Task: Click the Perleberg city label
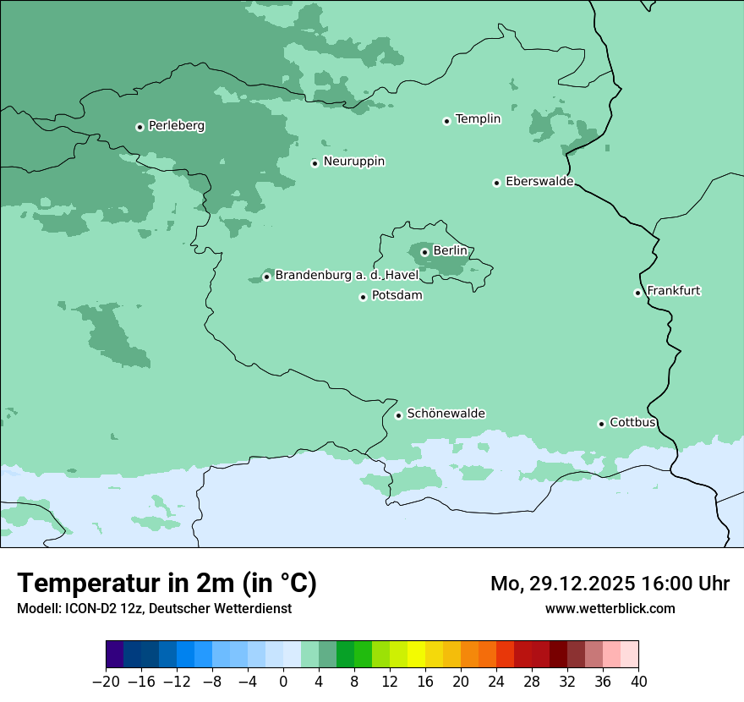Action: tap(176, 126)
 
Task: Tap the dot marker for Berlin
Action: tap(424, 252)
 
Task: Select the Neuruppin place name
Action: tap(353, 162)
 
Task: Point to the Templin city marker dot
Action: tap(446, 121)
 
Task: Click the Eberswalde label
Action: tap(539, 182)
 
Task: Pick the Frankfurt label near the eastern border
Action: tap(673, 291)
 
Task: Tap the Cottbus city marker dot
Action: tap(601, 424)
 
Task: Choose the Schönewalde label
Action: tap(446, 414)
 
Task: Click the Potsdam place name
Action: tap(397, 296)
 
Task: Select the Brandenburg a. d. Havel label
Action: tap(347, 276)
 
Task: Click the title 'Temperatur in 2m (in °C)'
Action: tap(167, 583)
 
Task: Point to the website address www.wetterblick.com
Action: tap(610, 609)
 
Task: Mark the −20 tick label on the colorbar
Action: tap(107, 682)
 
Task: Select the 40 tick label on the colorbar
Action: tap(638, 682)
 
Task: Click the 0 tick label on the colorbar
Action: tap(283, 682)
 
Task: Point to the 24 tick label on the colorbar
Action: tap(496, 682)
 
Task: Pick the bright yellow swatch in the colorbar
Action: tap(416, 655)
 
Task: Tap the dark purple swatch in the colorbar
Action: tap(115, 655)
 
